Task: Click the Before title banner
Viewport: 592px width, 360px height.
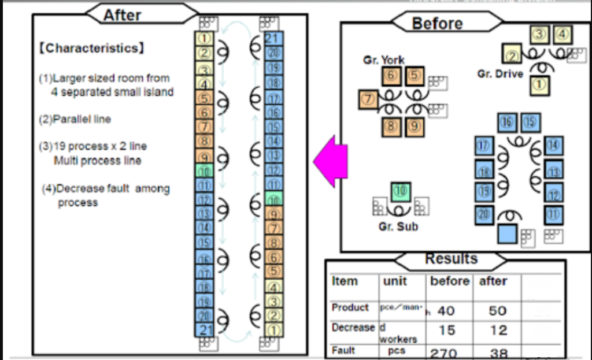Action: tap(438, 23)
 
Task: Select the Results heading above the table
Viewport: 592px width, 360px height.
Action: tap(452, 259)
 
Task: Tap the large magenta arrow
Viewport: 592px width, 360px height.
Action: tap(330, 161)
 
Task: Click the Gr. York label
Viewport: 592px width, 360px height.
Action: tap(383, 60)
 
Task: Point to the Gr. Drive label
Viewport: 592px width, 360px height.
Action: tap(500, 74)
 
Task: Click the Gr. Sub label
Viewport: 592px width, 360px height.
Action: tap(398, 227)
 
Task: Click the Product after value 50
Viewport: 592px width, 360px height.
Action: tap(498, 311)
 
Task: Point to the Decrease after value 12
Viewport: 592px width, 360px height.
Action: tap(498, 331)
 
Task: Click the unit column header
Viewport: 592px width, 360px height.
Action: tap(395, 281)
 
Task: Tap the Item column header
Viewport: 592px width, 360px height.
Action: tap(345, 281)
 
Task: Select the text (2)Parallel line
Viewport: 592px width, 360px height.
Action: tap(74, 119)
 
